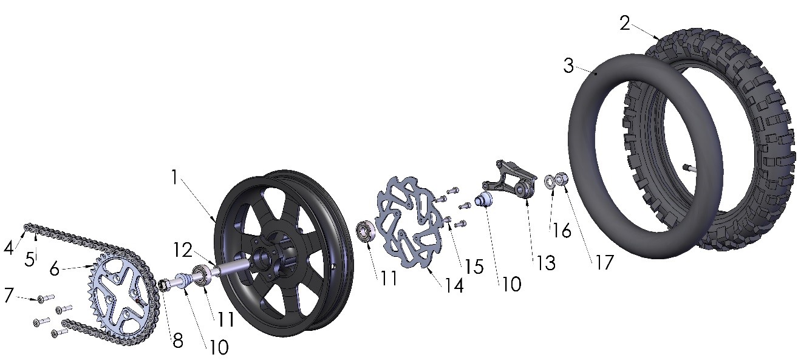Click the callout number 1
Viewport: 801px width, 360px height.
point(174,177)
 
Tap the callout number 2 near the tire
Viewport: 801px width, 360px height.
point(625,23)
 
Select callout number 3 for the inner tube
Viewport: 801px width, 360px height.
point(568,65)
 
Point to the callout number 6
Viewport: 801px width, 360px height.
point(55,268)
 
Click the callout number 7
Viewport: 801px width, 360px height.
point(9,295)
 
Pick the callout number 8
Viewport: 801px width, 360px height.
point(177,341)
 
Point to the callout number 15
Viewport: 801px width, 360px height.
point(474,266)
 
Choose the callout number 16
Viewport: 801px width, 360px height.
point(562,231)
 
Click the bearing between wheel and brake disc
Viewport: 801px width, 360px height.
point(364,232)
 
